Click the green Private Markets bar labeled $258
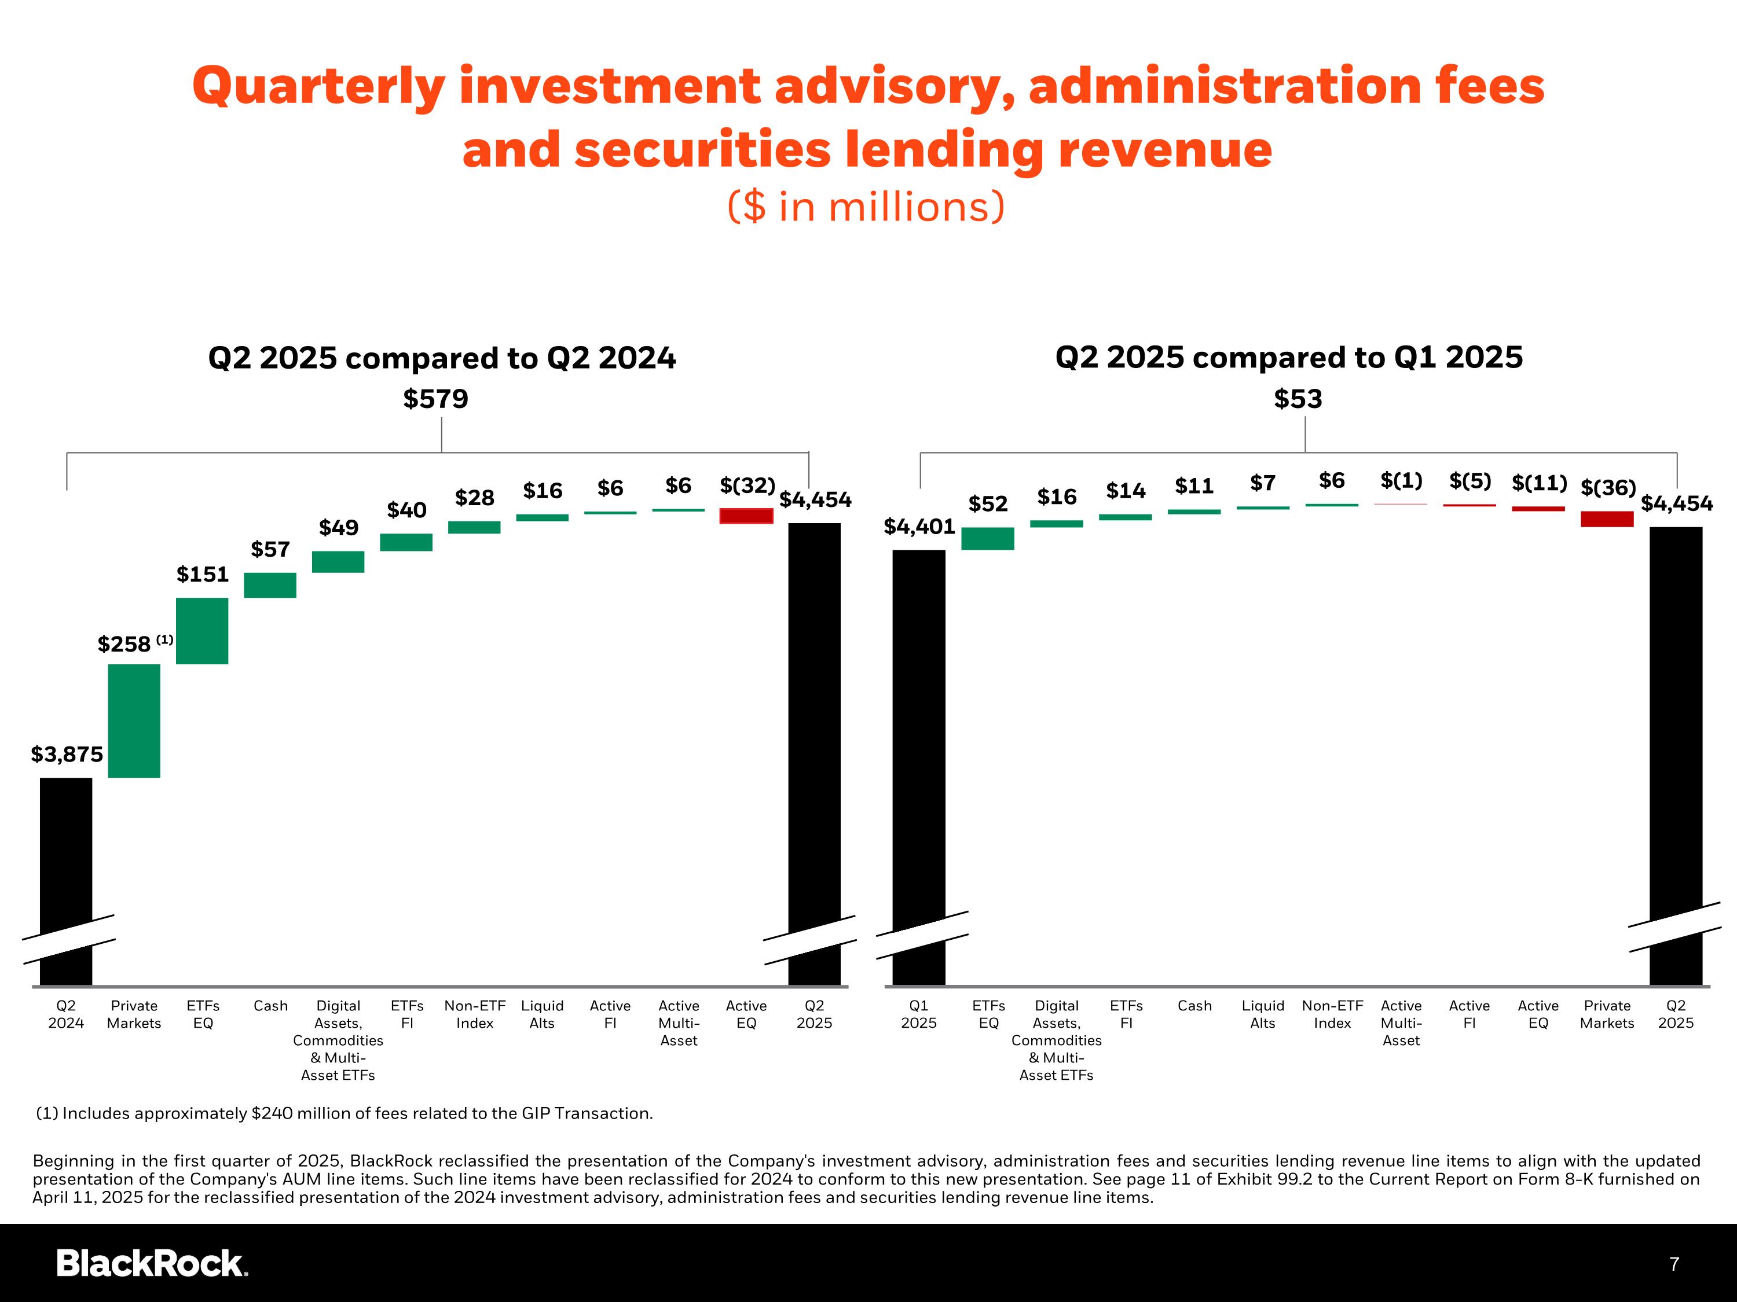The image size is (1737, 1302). point(134,720)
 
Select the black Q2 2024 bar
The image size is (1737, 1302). point(66,879)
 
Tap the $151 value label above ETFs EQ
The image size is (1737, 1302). point(202,575)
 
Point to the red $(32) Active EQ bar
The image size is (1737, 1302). point(746,516)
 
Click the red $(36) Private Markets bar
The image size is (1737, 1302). point(1607,518)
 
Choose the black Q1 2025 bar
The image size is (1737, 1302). point(919,765)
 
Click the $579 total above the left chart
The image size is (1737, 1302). point(436,399)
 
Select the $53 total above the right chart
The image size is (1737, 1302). point(1298,399)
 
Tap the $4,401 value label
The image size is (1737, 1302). point(919,527)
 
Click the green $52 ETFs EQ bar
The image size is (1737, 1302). point(988,538)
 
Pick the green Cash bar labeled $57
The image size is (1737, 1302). point(270,586)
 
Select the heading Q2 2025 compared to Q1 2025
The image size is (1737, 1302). point(1289,357)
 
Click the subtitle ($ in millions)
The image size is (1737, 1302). point(866,207)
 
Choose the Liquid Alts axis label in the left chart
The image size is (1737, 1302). point(542,1014)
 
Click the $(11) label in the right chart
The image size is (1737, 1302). point(1539,483)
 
